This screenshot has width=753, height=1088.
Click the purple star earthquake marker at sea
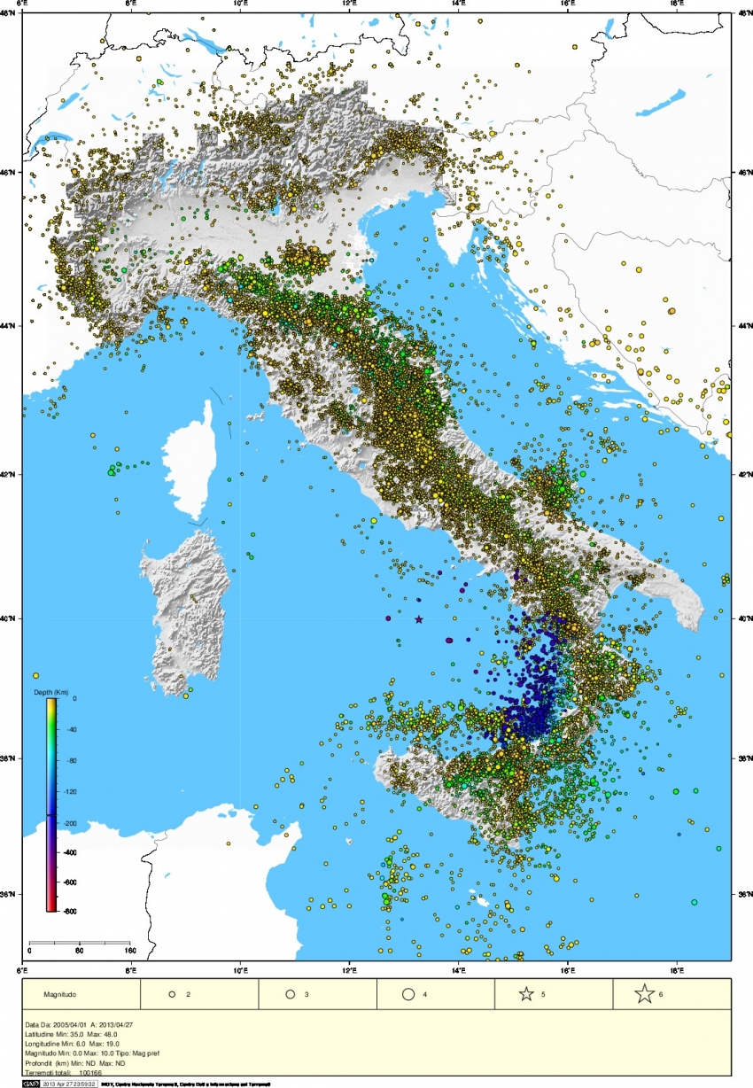pyautogui.click(x=419, y=620)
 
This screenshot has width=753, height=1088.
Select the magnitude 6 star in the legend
pyautogui.click(x=644, y=994)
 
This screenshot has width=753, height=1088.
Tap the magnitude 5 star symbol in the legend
pyautogui.click(x=526, y=994)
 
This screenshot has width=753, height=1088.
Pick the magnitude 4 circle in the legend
pyautogui.click(x=408, y=994)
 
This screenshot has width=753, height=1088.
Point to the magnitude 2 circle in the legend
pyautogui.click(x=173, y=994)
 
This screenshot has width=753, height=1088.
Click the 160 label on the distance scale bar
pyautogui.click(x=128, y=951)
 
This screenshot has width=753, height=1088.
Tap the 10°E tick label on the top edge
pyautogui.click(x=240, y=4)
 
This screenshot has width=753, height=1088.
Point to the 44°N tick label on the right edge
pyautogui.click(x=743, y=326)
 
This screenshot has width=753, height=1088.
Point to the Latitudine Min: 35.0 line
pyautogui.click(x=66, y=1034)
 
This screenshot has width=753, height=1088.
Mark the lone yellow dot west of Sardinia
pyautogui.click(x=35, y=676)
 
